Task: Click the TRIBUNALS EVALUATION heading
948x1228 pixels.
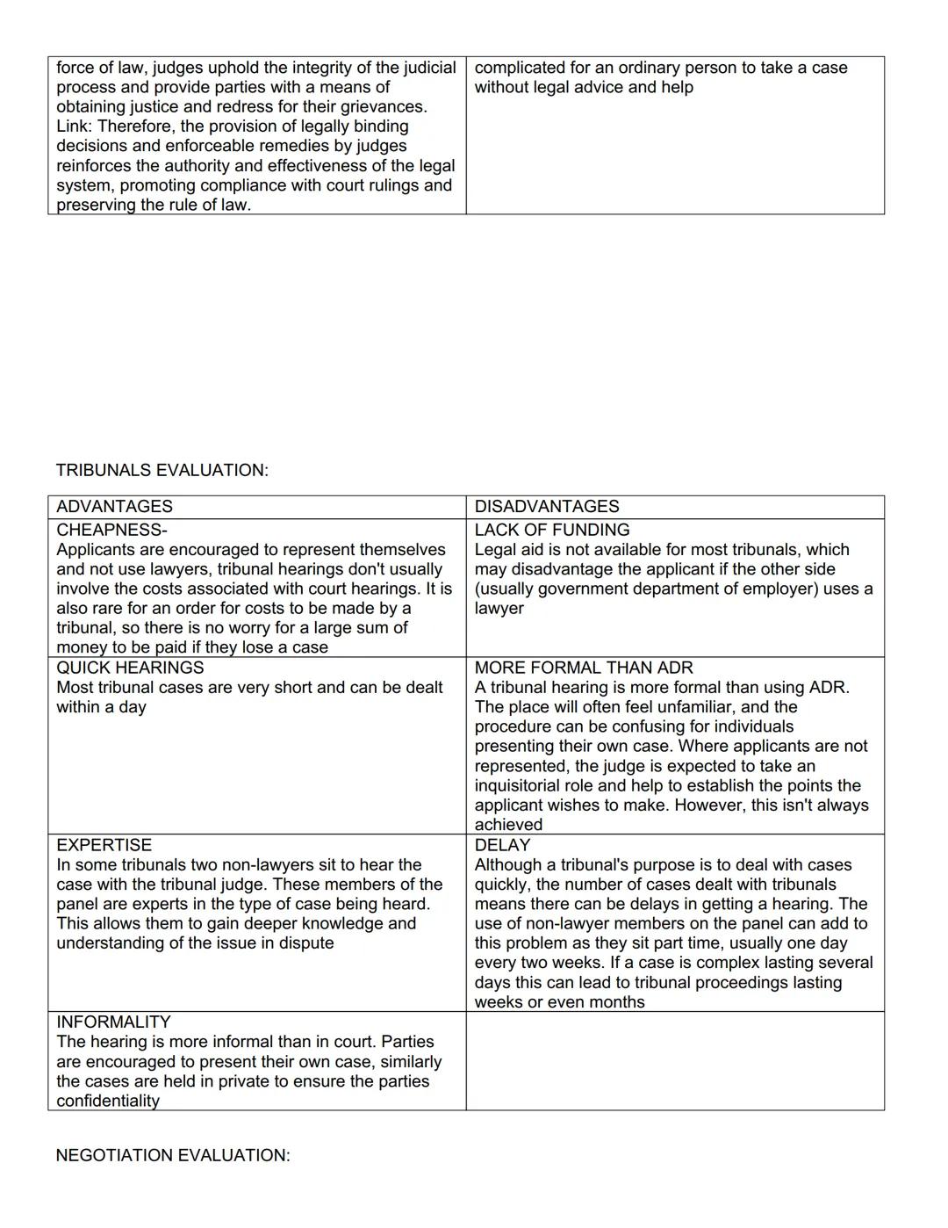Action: coord(162,470)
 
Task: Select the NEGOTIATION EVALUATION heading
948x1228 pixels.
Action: coord(172,1155)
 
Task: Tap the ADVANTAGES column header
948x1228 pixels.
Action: coord(114,507)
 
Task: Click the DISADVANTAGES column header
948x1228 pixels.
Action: coord(546,507)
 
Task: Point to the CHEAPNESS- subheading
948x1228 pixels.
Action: coord(111,530)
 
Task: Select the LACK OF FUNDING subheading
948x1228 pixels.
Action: coord(551,530)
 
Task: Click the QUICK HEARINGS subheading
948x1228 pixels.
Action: coord(130,668)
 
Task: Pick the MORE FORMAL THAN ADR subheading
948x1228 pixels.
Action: coord(583,668)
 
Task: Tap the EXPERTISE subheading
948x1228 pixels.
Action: coord(104,845)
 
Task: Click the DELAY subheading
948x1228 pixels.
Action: coord(502,845)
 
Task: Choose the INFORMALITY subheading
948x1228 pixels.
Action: coord(113,1022)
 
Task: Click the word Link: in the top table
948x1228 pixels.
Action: coord(75,126)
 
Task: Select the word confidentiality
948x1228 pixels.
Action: coord(108,1102)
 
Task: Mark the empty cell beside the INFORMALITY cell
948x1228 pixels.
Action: coord(674,1061)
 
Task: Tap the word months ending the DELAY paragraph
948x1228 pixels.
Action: coord(618,1002)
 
